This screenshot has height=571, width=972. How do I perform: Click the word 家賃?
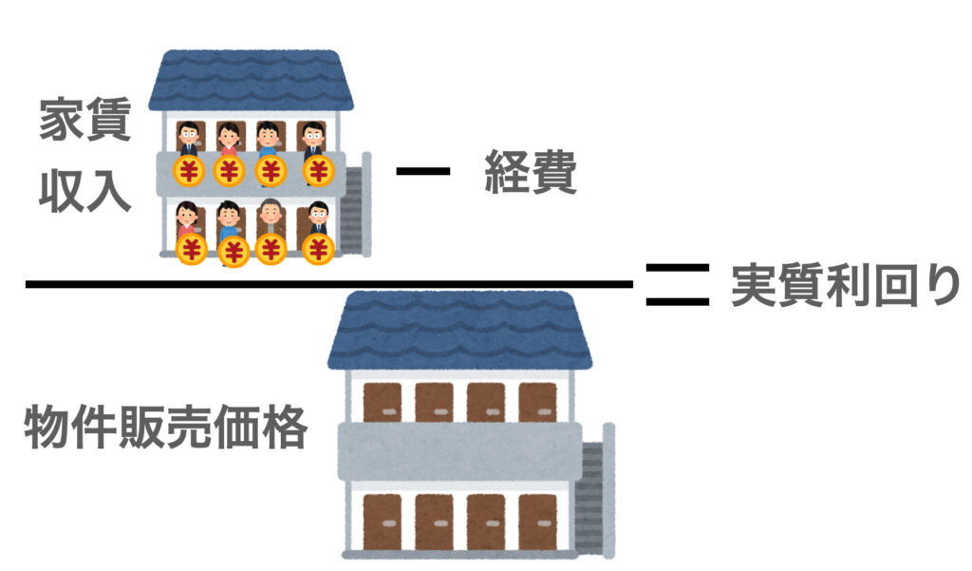coord(84,120)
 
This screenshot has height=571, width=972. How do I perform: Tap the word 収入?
coord(84,191)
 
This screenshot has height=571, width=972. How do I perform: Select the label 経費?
coord(531,172)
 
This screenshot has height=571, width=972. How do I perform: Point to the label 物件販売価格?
coord(166,427)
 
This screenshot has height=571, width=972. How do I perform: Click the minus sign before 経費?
coord(423,171)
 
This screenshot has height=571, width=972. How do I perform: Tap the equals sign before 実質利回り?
coord(678,285)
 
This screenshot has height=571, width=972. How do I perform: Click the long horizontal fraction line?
coord(329,285)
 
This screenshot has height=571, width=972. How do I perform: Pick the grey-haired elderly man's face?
coord(271,213)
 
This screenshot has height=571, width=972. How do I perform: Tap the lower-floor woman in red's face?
coord(187,215)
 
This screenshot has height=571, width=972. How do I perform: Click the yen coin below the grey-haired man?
coord(271,250)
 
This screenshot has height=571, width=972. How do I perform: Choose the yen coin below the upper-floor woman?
coord(230,171)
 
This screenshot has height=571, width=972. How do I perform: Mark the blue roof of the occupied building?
coord(251,80)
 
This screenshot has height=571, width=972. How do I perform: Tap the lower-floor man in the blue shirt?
coord(230,223)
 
